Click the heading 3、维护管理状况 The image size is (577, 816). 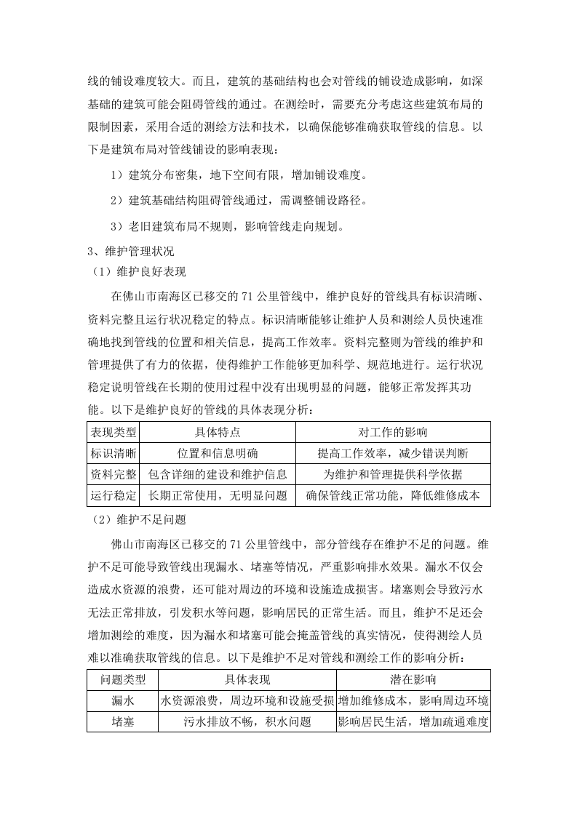[130, 251]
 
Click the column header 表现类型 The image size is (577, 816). [113, 432]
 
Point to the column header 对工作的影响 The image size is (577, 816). [393, 432]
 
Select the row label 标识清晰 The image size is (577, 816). [113, 453]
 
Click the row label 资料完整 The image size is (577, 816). [113, 474]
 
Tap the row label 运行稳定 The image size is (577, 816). [113, 496]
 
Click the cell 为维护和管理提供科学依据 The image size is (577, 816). [393, 474]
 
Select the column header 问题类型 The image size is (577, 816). [122, 680]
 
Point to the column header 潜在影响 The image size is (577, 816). [413, 680]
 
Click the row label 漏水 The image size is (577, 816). [122, 701]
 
